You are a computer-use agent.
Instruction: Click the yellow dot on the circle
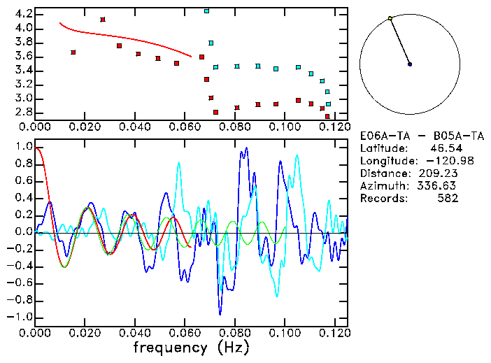click(x=390, y=18)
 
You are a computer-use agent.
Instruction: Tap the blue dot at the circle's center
click(x=410, y=64)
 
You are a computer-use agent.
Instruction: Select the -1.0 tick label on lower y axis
click(x=21, y=317)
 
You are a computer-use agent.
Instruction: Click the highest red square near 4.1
click(x=103, y=20)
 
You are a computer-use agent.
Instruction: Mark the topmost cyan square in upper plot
click(x=206, y=11)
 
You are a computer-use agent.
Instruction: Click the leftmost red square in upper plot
click(x=73, y=52)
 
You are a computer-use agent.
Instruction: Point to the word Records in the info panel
click(x=382, y=199)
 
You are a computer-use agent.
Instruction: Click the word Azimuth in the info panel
click(x=382, y=186)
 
